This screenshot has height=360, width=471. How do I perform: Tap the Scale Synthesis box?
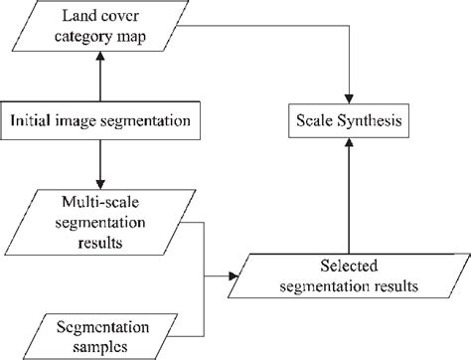[x=348, y=122]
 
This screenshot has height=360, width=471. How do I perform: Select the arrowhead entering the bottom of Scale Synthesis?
[x=348, y=146]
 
